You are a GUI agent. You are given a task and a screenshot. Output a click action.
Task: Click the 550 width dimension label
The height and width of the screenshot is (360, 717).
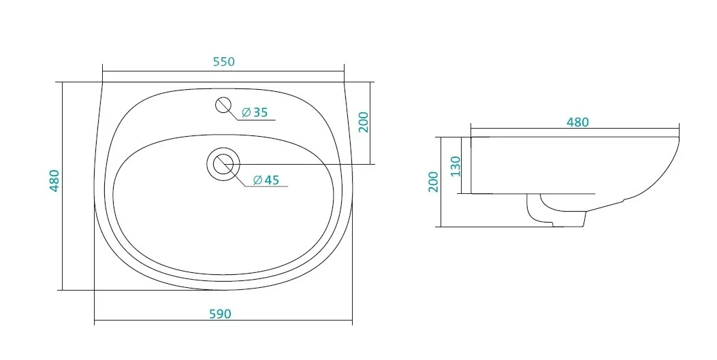[x=223, y=62]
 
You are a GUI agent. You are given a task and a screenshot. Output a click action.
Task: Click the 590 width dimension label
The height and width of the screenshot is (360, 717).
[x=221, y=314]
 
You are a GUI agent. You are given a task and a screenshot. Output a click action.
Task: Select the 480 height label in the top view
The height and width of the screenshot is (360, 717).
[x=54, y=180]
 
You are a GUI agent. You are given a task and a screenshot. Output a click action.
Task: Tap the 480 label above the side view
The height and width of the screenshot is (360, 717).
[x=577, y=122]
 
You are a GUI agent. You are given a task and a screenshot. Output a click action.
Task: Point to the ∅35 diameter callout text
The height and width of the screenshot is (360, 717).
[x=255, y=112]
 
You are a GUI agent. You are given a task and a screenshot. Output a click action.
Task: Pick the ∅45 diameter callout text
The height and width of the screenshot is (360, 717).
[x=266, y=180]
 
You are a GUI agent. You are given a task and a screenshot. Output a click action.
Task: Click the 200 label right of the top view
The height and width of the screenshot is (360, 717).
[x=364, y=122]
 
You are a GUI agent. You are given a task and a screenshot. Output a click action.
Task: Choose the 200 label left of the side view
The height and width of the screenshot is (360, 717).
[x=434, y=182]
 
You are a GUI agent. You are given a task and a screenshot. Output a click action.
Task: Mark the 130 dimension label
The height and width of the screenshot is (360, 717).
[x=456, y=167]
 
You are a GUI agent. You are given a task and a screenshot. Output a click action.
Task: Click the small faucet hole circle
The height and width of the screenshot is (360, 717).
[x=223, y=105]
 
